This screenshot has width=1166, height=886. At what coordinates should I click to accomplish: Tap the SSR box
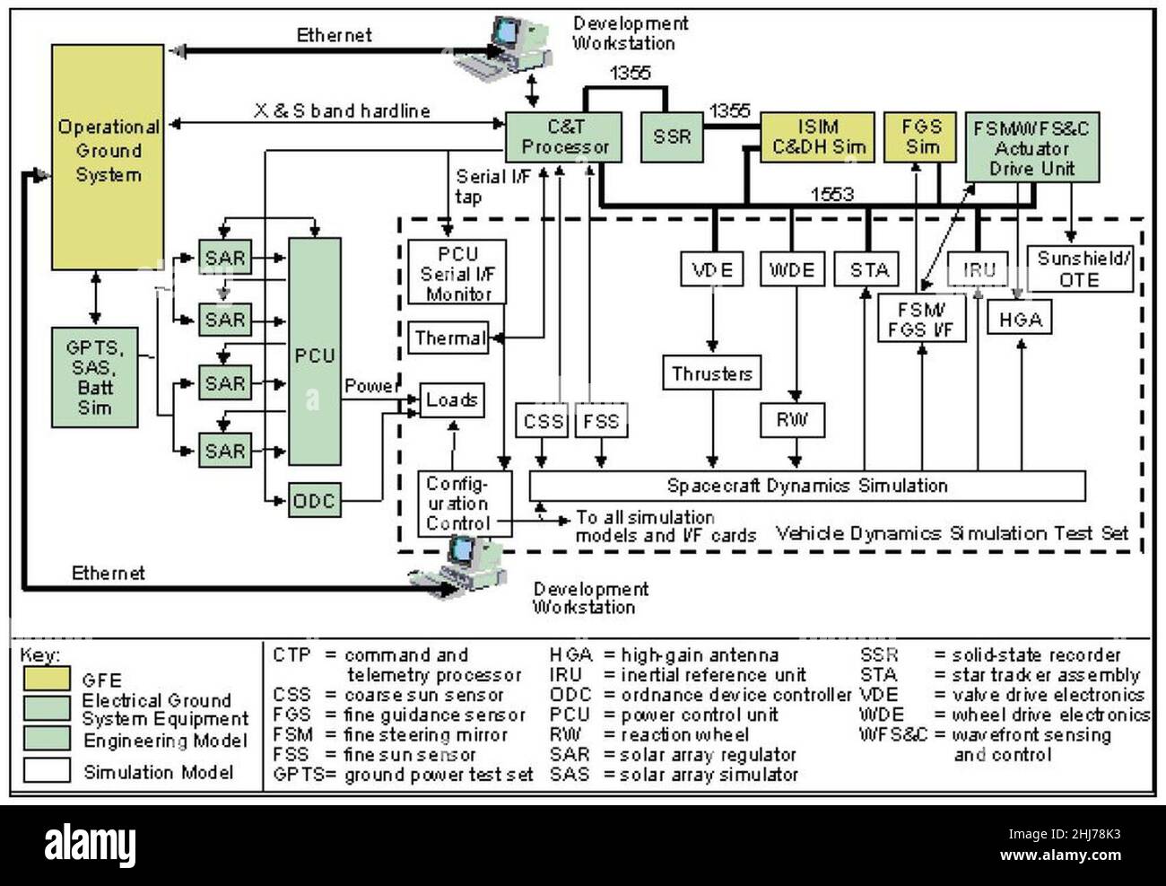tap(672, 136)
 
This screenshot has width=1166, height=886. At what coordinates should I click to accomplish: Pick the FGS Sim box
tap(921, 136)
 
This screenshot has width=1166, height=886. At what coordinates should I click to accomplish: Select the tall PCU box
tap(314, 355)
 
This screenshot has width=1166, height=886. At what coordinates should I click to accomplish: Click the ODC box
tap(314, 500)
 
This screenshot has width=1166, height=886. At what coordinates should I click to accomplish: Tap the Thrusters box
tap(713, 373)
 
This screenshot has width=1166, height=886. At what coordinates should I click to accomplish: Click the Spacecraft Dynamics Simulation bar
tap(807, 486)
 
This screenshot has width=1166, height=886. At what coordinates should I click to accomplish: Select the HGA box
tap(1021, 319)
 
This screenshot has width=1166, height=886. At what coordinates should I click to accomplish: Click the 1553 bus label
tap(831, 194)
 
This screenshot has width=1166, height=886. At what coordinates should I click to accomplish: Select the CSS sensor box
tap(543, 421)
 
